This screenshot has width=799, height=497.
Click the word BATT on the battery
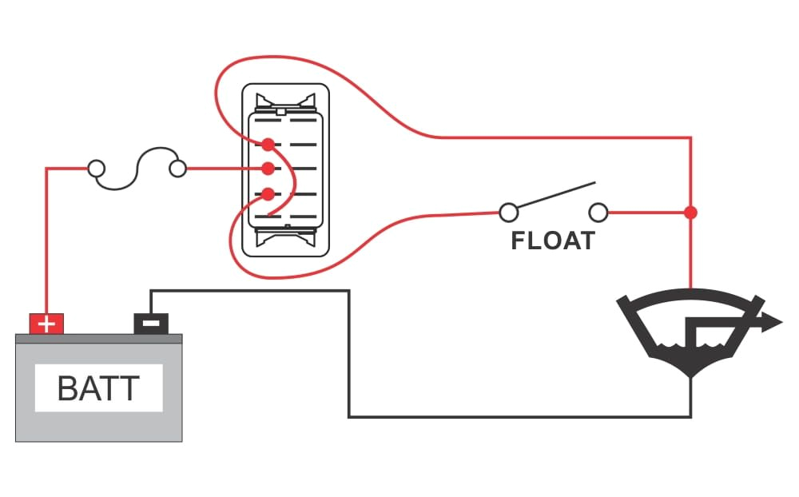pos(99,388)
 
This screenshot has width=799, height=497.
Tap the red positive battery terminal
pos(46,324)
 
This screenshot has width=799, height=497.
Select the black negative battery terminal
pos(151,323)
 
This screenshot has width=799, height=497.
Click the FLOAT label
pos(553,241)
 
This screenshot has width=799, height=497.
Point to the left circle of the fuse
pos(96,169)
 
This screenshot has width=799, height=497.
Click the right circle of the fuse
pos(178,169)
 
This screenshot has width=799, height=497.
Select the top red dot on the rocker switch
pos(268,144)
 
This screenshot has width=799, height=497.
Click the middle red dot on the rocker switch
pos(268,169)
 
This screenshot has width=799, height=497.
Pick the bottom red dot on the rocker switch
pos(268,193)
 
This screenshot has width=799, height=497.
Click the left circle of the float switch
pos(507,213)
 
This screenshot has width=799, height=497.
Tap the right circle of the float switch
pos(598,213)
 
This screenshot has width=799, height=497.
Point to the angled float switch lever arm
pos(555,196)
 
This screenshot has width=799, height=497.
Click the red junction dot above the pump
pos(690,213)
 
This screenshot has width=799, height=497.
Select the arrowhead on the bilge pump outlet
pos(772,323)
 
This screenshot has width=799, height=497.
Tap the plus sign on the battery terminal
pos(46,324)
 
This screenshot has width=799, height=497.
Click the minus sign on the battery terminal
pos(151,323)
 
